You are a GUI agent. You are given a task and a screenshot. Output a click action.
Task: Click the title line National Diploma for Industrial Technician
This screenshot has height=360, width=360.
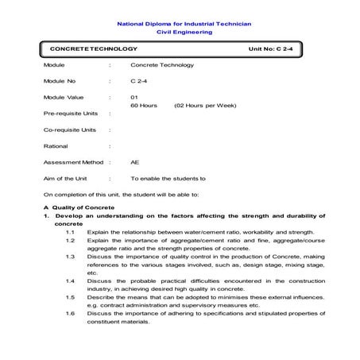point(184,25)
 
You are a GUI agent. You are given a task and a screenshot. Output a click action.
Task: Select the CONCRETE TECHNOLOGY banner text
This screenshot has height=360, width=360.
point(87,49)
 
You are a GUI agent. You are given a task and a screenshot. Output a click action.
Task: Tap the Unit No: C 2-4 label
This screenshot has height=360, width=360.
point(274,49)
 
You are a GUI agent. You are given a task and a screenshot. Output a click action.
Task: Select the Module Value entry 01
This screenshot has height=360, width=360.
point(134,96)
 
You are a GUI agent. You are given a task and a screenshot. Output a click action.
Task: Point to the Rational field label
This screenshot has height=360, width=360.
point(56,145)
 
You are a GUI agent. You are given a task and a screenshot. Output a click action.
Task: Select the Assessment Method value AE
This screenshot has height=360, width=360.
point(134,162)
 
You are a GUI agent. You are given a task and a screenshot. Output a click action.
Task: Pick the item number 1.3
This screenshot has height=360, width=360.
point(71,256)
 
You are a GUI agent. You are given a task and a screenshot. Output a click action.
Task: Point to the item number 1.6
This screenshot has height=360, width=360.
point(71,313)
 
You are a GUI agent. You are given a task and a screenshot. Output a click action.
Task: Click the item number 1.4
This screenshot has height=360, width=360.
point(71,281)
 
